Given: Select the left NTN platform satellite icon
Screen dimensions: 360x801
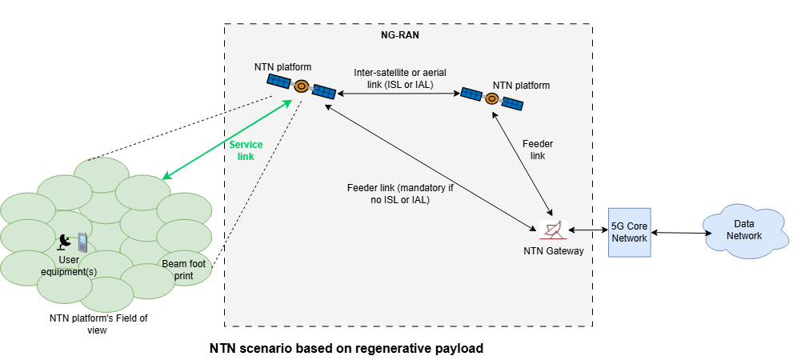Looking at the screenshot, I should [x=302, y=87].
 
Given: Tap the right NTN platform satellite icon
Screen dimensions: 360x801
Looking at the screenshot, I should [x=491, y=99].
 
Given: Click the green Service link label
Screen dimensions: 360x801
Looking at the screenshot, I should [x=246, y=150].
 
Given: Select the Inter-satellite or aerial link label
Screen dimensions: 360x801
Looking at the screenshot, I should [x=396, y=78].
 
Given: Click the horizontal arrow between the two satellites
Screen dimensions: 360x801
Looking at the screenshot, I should [x=396, y=94].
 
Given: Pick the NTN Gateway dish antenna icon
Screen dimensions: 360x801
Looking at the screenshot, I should [x=553, y=230].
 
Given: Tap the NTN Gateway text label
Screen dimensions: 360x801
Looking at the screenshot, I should [x=553, y=251].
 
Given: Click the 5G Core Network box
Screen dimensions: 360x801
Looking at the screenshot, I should [x=630, y=231].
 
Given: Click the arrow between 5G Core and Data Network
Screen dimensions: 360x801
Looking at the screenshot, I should [x=682, y=233].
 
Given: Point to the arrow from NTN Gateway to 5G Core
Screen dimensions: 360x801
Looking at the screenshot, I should [x=587, y=231].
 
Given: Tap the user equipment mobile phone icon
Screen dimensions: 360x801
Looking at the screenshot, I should [x=82, y=242].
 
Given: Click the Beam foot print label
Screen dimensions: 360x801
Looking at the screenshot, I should [x=182, y=269].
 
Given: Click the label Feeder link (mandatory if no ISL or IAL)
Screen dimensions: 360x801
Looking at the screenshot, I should [x=388, y=194].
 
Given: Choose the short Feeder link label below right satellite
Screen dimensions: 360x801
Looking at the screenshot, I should [x=538, y=150].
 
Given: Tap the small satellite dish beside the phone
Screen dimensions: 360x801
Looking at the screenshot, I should [x=64, y=239].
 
